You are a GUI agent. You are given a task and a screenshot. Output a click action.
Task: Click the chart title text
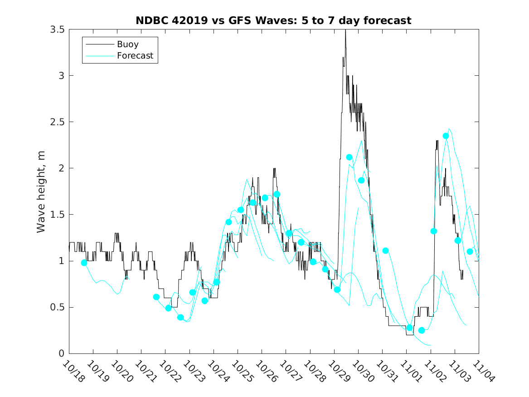pyautogui.click(x=273, y=20)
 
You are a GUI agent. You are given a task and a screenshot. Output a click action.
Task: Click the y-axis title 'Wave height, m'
pyautogui.click(x=41, y=191)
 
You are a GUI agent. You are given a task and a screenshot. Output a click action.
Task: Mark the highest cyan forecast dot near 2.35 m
pyautogui.click(x=446, y=136)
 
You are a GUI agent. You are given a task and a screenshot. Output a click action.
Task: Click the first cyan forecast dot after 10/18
pyautogui.click(x=84, y=263)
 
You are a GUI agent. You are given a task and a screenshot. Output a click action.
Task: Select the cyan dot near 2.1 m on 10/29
pyautogui.click(x=349, y=157)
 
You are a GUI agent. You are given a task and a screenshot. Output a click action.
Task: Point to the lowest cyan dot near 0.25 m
pyautogui.click(x=422, y=330)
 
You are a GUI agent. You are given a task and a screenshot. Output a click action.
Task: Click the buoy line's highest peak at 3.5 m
pyautogui.click(x=345, y=30)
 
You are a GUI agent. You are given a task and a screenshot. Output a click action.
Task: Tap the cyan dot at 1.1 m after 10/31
pyautogui.click(x=385, y=250)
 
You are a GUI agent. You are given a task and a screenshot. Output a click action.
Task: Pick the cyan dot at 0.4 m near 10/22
pyautogui.click(x=180, y=318)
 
